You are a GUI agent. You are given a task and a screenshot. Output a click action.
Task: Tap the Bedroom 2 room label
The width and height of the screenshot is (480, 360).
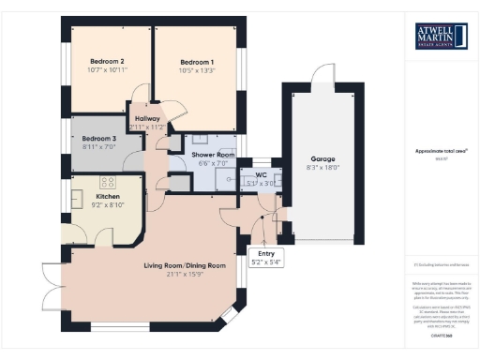point(110,62)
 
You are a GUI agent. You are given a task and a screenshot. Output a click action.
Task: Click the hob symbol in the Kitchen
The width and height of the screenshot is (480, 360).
point(108,182)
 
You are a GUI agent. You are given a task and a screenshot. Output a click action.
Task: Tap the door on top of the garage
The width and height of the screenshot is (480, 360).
point(324,76)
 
